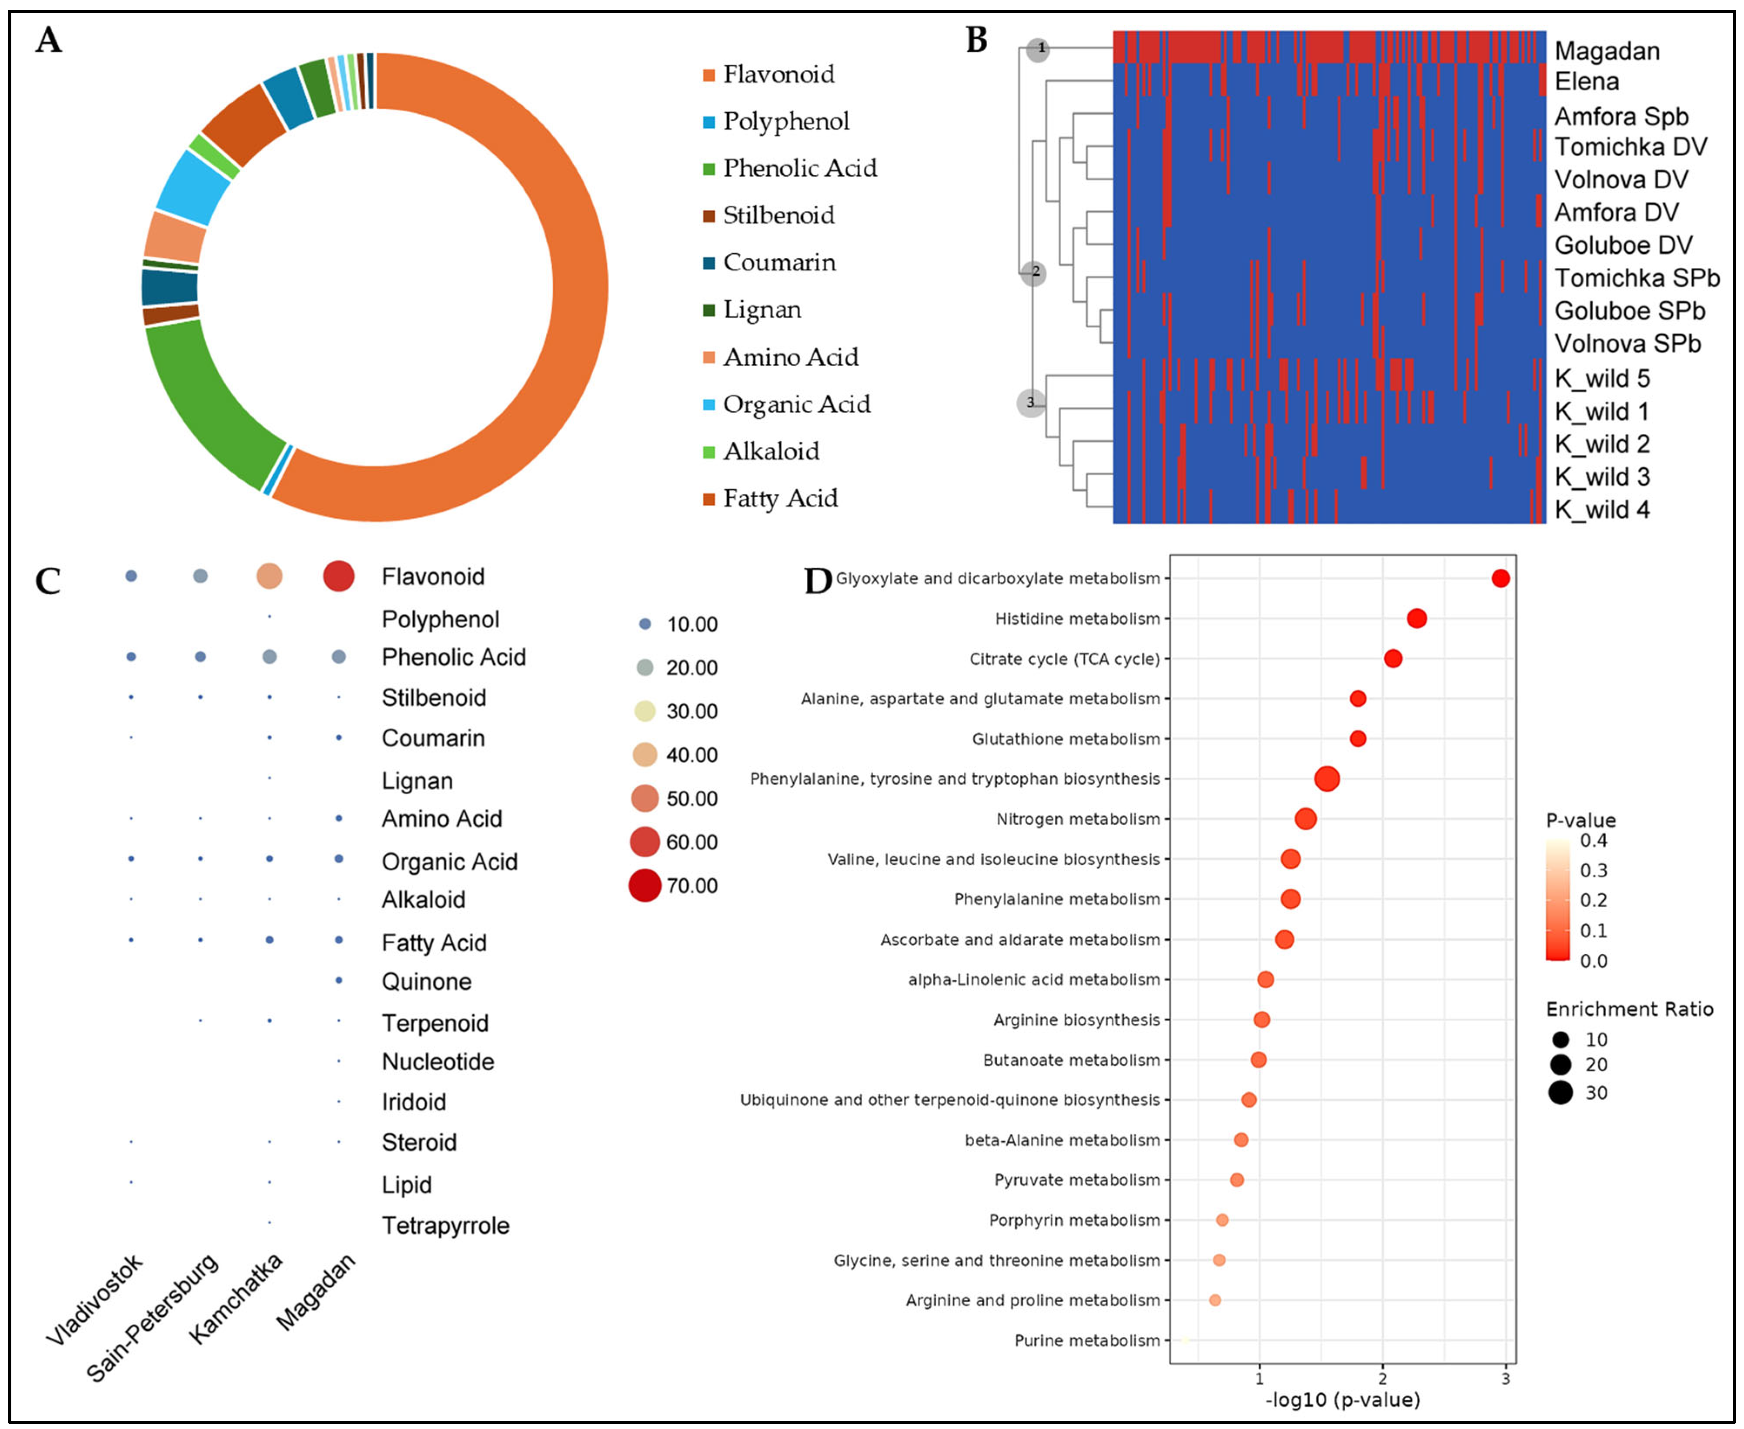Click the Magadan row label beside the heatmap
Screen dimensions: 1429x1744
point(1606,51)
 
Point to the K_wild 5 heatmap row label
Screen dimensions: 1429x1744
point(1601,379)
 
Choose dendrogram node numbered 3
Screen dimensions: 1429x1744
point(1030,403)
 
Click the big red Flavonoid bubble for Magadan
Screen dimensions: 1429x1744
point(338,576)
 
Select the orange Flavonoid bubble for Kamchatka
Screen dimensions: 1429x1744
point(269,576)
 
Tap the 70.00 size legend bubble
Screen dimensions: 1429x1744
point(645,886)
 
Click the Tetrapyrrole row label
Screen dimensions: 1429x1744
point(444,1226)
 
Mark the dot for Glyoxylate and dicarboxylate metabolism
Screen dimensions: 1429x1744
point(1500,579)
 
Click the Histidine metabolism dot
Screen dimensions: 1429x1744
point(1416,618)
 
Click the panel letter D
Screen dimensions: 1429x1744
point(818,581)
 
